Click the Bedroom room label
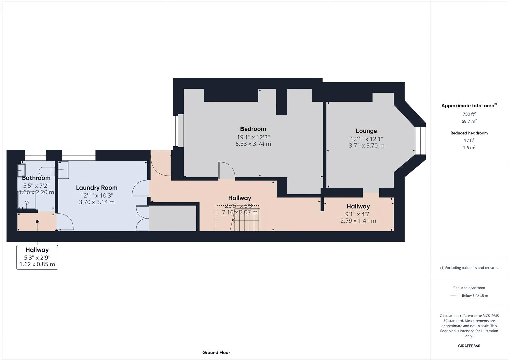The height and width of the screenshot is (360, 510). click(253, 129)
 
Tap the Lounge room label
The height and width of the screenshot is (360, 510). click(366, 131)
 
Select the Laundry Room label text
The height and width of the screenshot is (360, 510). click(97, 188)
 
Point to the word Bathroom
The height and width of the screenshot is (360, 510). click(36, 178)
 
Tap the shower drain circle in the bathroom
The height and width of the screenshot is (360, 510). click(27, 202)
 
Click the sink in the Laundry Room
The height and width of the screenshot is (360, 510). click(64, 170)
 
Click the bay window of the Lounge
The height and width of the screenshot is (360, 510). click(420, 140)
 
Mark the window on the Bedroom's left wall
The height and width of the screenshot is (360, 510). click(178, 130)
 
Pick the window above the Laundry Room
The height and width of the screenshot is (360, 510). click(79, 155)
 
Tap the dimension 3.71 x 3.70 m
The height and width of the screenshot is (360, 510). click(366, 146)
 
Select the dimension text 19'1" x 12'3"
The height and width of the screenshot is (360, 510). click(253, 137)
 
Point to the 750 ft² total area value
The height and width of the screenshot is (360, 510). click(469, 114)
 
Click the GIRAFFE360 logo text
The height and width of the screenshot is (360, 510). click(469, 346)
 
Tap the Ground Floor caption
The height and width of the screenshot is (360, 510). click(216, 352)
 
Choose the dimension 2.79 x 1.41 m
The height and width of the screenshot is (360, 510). click(358, 221)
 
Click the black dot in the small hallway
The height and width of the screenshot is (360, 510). click(37, 222)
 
